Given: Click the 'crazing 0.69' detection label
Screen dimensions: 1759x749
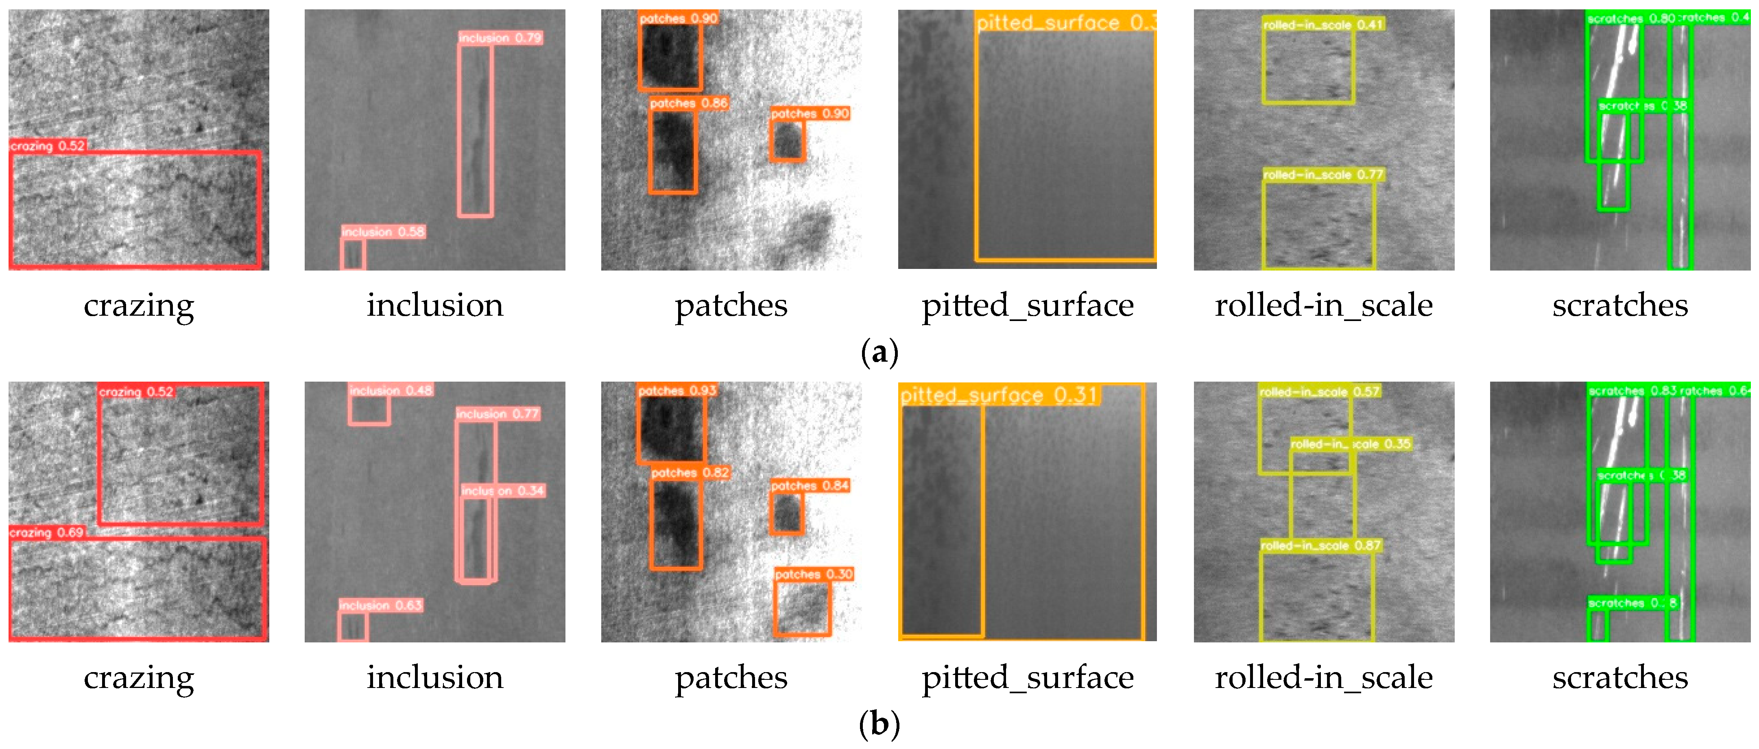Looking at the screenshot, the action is coord(46,533).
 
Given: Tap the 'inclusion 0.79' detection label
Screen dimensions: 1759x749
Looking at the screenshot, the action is coord(500,38).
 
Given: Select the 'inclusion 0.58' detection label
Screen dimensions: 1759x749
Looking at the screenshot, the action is coord(383,232).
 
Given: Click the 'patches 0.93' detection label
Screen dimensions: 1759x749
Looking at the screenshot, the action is coord(677,391).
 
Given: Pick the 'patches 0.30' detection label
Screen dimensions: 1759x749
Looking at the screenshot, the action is coord(813,574).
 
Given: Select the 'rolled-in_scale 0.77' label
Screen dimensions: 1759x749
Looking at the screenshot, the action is coord(1323,175).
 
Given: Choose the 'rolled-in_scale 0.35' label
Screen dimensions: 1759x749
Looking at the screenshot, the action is coord(1350,444).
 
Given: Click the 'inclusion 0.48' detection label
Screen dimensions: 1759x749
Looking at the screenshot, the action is coord(391,391).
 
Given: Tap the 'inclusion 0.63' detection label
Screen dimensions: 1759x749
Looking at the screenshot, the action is coord(380,605).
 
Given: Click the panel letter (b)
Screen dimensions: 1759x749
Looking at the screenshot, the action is coord(879,725).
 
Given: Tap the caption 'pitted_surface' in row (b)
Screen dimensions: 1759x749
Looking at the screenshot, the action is coord(1028,677).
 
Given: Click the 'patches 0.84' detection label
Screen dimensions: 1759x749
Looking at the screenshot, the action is coord(810,485).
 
